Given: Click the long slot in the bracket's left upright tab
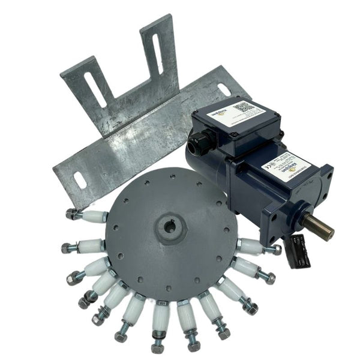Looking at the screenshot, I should point(95,90).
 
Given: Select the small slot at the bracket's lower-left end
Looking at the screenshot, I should point(79,179).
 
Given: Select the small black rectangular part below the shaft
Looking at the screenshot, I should point(299,251).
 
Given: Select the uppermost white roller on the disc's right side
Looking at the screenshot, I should point(248,245).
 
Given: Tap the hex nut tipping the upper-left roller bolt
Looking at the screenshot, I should point(71,213).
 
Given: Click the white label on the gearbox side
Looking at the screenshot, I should point(288,169).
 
